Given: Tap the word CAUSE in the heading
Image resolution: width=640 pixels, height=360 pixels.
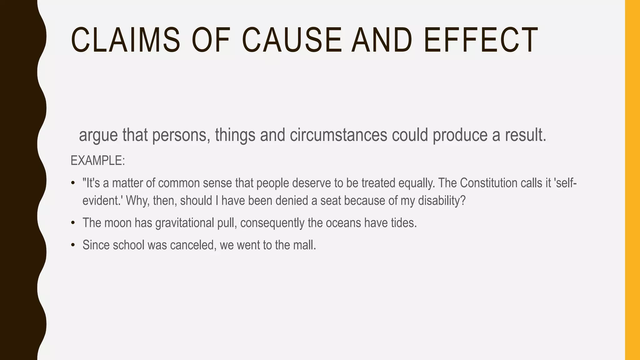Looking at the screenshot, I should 292,40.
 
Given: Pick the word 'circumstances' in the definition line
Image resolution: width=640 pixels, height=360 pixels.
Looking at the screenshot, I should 338,135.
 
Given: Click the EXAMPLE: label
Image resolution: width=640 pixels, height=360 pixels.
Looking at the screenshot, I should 97,161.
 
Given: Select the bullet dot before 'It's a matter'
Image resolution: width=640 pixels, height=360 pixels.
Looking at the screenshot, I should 73,183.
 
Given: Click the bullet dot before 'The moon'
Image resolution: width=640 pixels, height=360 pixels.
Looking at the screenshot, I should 73,223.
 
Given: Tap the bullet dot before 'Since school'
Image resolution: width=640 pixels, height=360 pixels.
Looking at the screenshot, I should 73,245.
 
